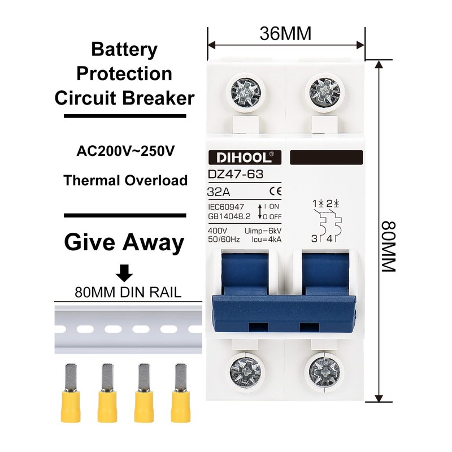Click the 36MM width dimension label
click(x=285, y=34)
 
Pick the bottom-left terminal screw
click(x=246, y=373)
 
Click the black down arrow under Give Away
click(x=124, y=273)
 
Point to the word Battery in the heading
click(x=124, y=50)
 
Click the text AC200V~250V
click(x=125, y=152)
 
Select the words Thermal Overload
click(x=125, y=181)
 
